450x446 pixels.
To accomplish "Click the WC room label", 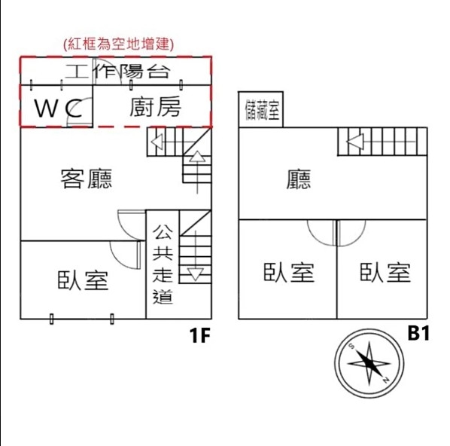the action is [x=58, y=108].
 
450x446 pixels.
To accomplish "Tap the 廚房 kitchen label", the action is [x=155, y=107].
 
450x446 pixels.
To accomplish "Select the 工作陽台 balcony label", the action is [x=118, y=72].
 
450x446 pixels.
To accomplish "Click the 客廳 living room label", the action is [x=87, y=179].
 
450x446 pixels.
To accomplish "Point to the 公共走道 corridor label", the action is [x=163, y=264].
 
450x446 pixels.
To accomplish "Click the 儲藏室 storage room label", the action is [x=262, y=110].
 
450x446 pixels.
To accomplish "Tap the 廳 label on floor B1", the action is [x=299, y=179].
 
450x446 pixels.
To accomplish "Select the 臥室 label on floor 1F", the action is [x=83, y=280].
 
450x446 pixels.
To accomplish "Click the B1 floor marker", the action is [x=418, y=333].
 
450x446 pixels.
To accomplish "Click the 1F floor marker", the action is [x=200, y=335].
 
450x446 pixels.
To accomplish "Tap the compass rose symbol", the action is [x=369, y=364].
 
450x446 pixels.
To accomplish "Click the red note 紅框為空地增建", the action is [x=119, y=44].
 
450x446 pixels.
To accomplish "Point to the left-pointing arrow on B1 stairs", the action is [x=381, y=142].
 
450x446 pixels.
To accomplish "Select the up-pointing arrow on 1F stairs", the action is [x=197, y=172].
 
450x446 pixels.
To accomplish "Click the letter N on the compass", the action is [x=386, y=380].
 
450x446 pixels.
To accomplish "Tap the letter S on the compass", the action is [x=351, y=346].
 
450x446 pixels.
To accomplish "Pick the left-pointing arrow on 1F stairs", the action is [x=172, y=142].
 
